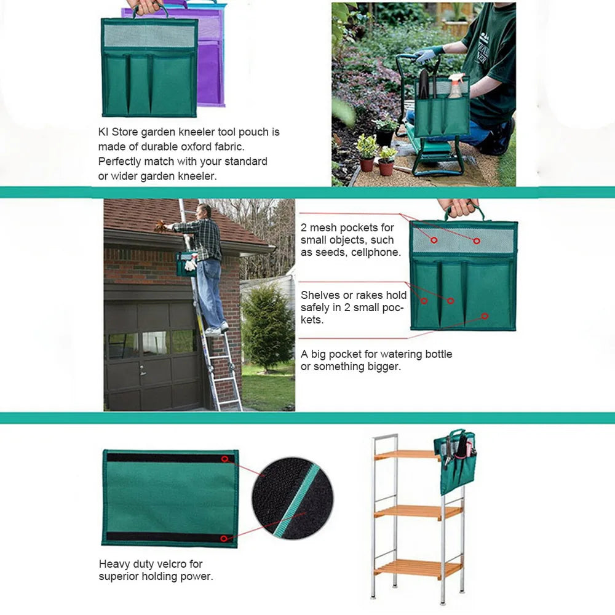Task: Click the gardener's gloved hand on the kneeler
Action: (424, 55)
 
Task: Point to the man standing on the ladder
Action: (206, 264)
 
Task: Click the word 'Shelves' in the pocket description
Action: (318, 295)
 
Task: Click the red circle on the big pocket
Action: (485, 316)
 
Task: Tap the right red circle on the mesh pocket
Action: (477, 240)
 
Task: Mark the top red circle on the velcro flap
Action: (224, 459)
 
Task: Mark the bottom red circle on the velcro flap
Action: (224, 538)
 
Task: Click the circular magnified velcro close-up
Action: (292, 498)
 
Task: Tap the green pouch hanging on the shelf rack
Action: (455, 461)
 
